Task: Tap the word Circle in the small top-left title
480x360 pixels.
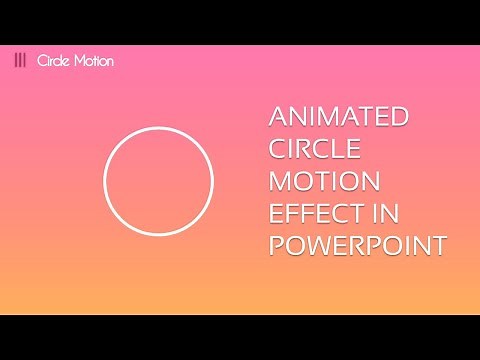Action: [x=53, y=60]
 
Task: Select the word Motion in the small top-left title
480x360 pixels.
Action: [x=93, y=60]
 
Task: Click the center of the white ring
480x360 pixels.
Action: [x=159, y=181]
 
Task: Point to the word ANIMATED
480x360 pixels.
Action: [x=339, y=118]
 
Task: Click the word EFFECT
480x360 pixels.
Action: [x=312, y=214]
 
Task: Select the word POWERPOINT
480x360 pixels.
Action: [x=356, y=246]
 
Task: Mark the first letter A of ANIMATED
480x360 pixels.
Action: [x=279, y=118]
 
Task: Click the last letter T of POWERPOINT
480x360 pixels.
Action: [x=435, y=246]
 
